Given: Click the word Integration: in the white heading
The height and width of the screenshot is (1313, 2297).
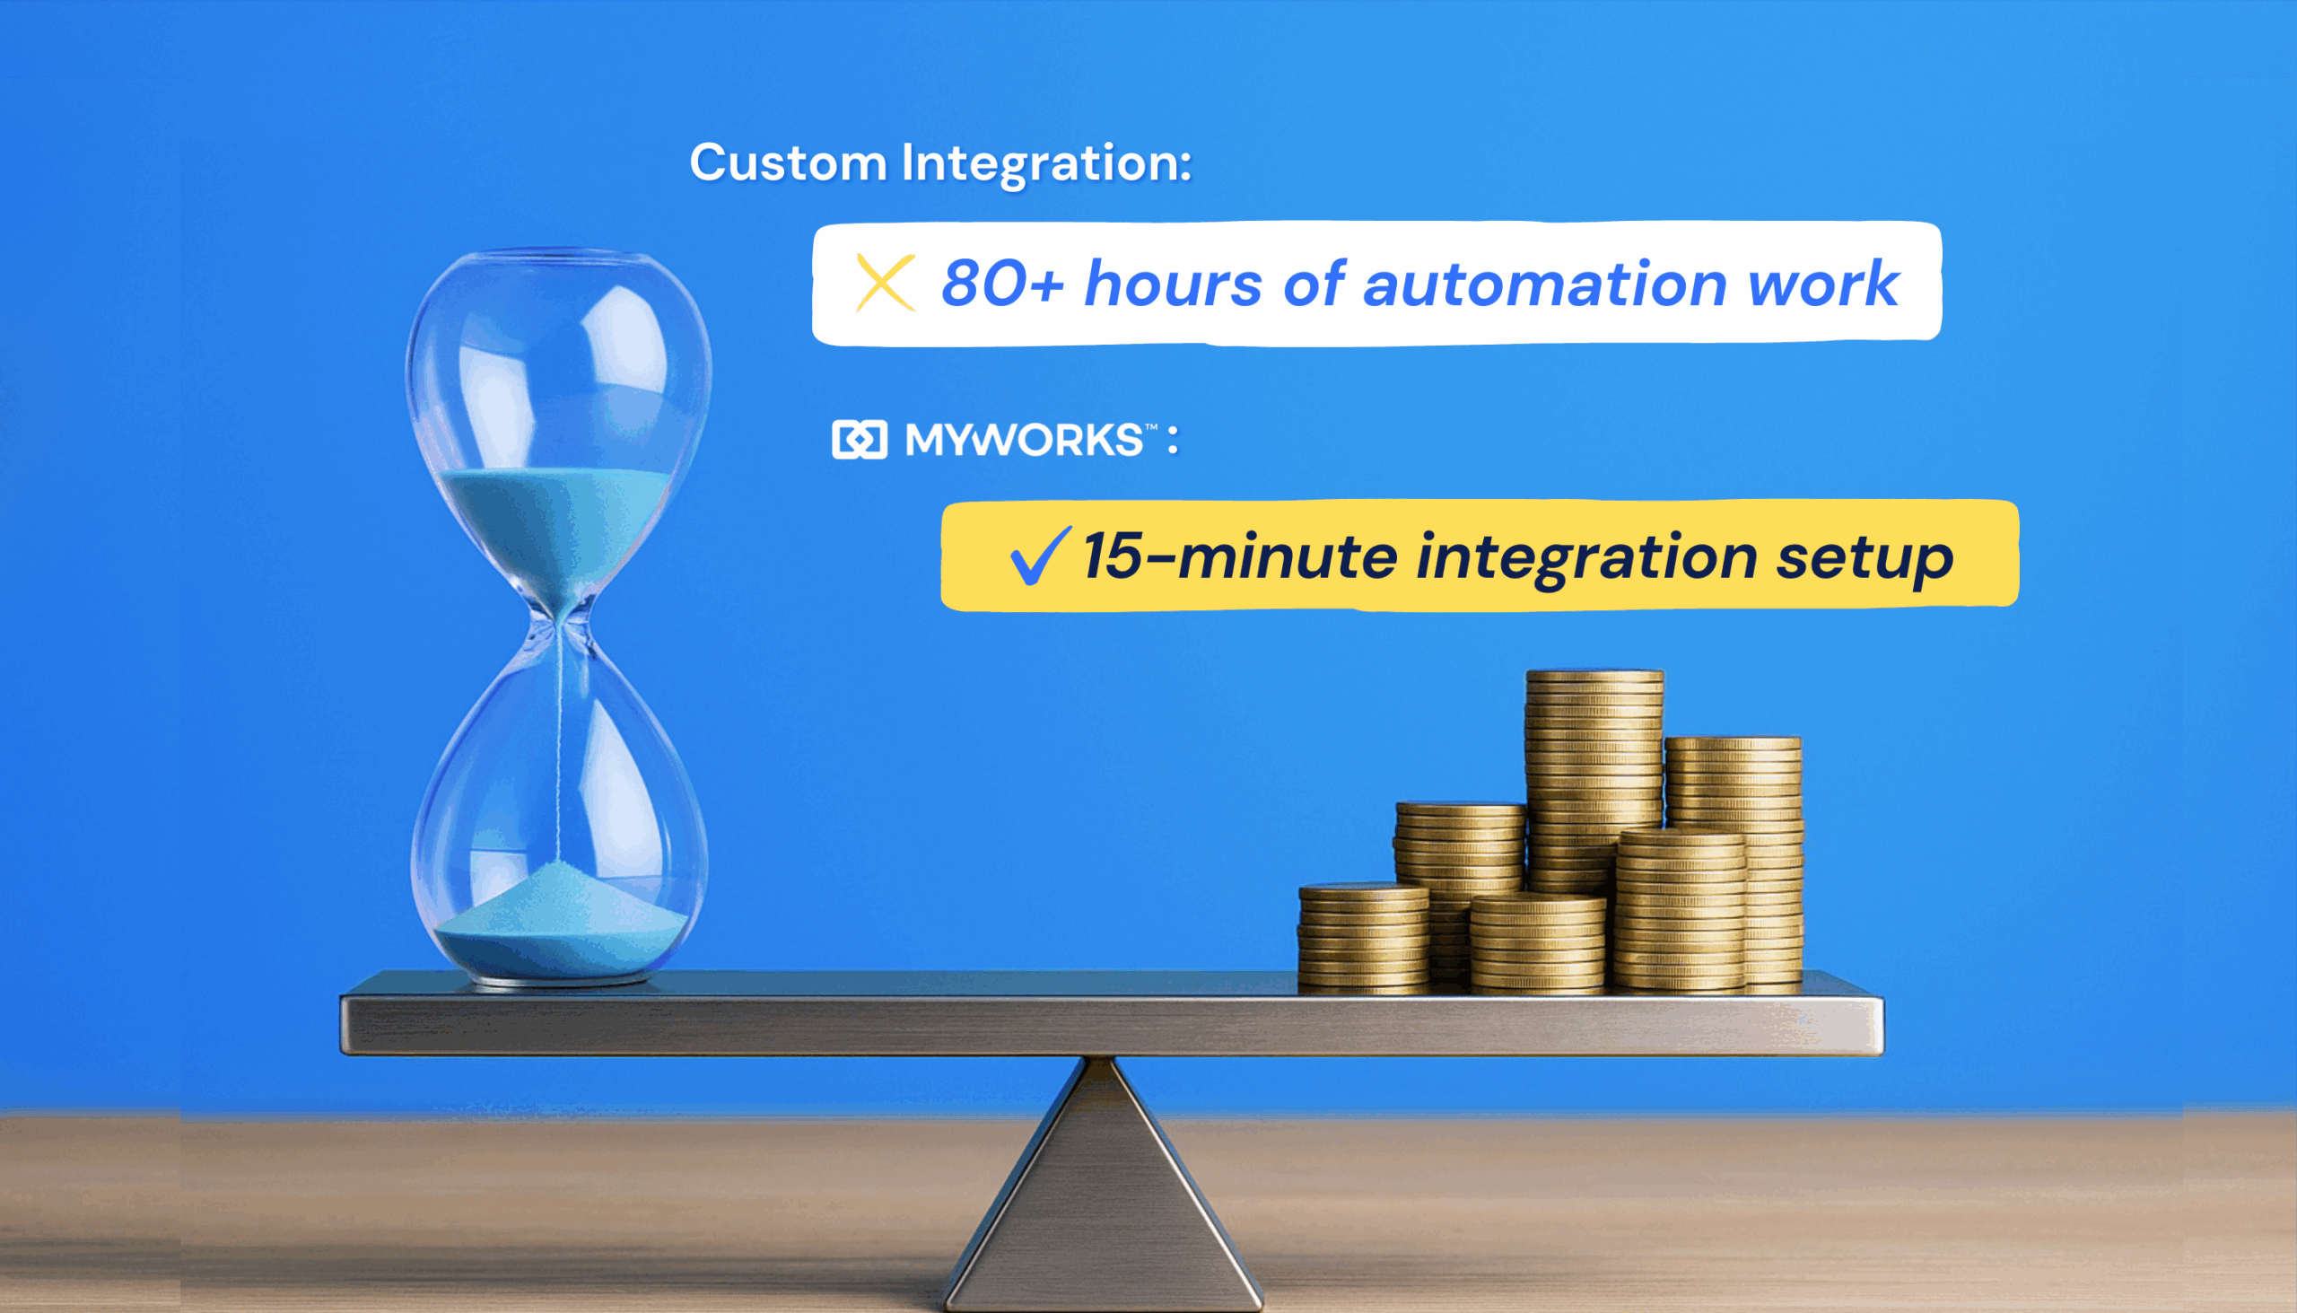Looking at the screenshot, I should (1046, 163).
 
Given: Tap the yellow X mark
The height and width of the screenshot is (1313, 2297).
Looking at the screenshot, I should (886, 284).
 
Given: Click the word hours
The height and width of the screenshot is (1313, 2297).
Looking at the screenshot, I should (1173, 284).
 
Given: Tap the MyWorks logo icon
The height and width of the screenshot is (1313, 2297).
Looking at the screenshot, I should (859, 440).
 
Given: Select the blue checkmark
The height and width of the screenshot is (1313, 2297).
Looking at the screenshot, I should (1039, 555).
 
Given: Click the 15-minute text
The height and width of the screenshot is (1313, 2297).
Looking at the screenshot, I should (1240, 556).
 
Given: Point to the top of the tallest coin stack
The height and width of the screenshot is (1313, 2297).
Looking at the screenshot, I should (1594, 677).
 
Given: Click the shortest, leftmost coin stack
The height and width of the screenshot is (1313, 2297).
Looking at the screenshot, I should (1363, 938).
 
